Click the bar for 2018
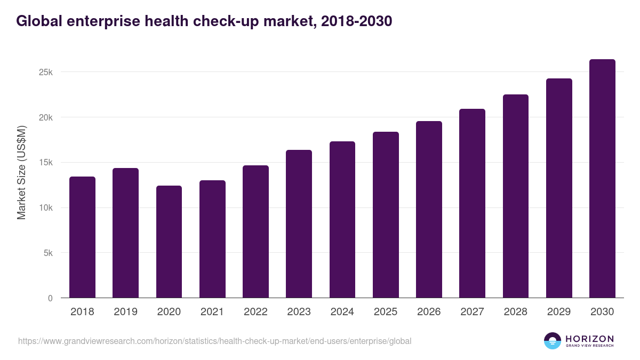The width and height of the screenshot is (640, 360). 82,237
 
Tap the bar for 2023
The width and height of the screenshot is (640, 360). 299,224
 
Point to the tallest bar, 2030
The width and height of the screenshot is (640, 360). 602,179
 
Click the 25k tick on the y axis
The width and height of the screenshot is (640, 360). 45,72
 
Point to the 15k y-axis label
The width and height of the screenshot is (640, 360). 45,163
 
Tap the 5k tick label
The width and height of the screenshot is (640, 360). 47,253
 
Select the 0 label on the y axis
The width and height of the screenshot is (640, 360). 50,298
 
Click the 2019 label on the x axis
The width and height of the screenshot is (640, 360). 125,312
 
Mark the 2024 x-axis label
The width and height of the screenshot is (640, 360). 342,312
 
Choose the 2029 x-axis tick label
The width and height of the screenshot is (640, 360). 559,312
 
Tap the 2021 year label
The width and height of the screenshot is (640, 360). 212,312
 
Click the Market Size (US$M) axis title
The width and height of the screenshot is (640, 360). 21,172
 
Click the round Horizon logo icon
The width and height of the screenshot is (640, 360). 553,341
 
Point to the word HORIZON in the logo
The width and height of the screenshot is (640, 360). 589,338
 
